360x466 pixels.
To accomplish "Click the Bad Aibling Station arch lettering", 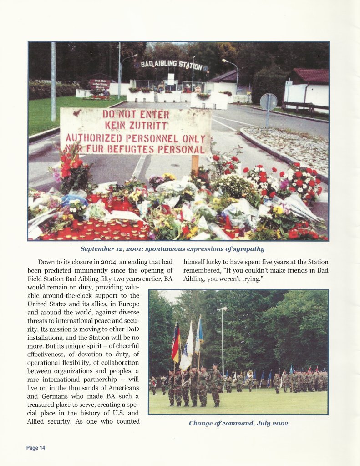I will point(172,64).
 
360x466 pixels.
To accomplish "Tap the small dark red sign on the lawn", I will point(100,84).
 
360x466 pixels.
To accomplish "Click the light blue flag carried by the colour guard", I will point(199,337).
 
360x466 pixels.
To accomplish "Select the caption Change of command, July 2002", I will point(238,423).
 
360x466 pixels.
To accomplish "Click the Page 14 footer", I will point(35,448).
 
